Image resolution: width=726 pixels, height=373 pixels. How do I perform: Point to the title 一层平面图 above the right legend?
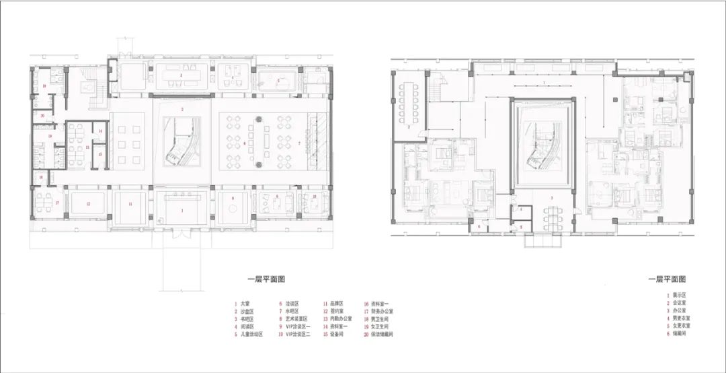pyautogui.click(x=667, y=278)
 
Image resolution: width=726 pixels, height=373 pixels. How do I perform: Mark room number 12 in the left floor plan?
pyautogui.click(x=87, y=203)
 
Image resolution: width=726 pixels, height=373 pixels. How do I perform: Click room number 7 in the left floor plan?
pyautogui.click(x=299, y=143)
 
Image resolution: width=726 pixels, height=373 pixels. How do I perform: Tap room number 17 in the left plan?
pyautogui.click(x=58, y=203)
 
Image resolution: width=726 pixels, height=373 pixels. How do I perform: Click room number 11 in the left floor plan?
pyautogui.click(x=130, y=203)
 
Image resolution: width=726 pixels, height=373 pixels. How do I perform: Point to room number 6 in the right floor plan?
pyautogui.click(x=480, y=228)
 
